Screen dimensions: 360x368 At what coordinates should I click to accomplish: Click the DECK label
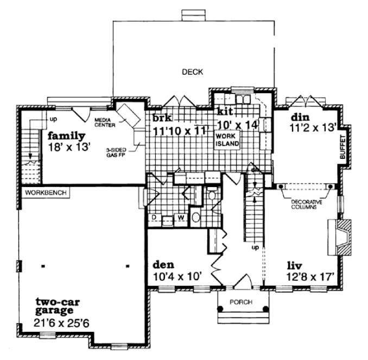click(192, 71)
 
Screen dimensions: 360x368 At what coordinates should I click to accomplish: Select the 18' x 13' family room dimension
click(67, 146)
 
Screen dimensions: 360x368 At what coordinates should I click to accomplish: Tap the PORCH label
click(243, 302)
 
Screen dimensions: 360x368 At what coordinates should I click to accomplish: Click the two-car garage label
click(54, 306)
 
